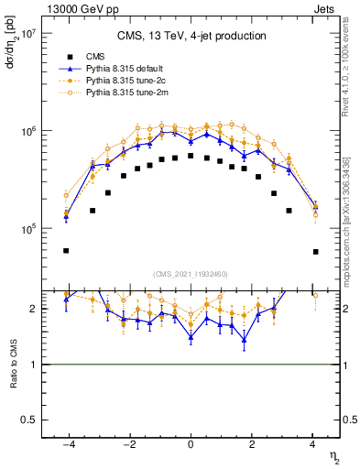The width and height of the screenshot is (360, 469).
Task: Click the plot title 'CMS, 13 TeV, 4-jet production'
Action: click(x=191, y=37)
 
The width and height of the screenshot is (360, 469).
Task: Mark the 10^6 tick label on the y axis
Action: click(x=25, y=131)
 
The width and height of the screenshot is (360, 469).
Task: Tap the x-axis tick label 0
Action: click(x=191, y=443)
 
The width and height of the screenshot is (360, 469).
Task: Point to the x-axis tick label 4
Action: click(x=313, y=443)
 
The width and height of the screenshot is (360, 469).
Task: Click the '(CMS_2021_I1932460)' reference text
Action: click(x=191, y=273)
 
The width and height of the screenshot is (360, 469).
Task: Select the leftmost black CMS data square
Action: click(x=66, y=250)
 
